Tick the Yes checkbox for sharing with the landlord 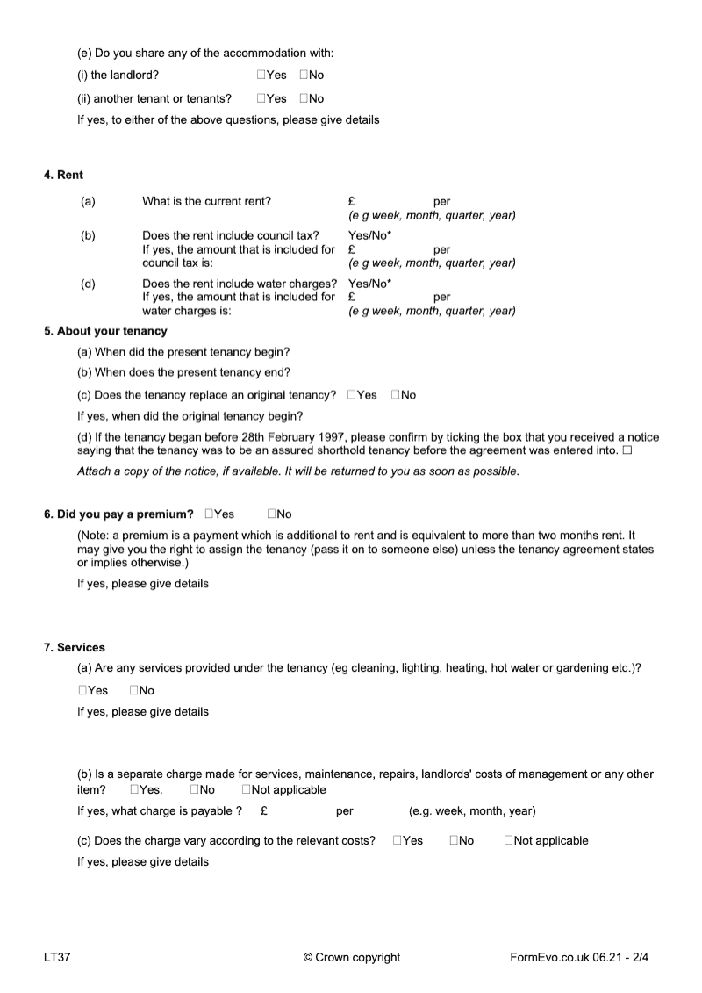[x=261, y=76]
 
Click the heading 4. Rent [x=63, y=176]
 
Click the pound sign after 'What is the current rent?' [x=351, y=201]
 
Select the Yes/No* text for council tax [x=369, y=235]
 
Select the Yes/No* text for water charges [x=369, y=283]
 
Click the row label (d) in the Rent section [x=88, y=283]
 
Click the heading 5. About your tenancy [x=105, y=331]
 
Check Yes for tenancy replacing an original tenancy [x=351, y=395]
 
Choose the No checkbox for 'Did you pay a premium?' [x=272, y=514]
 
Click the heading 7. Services [x=75, y=648]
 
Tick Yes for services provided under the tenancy [x=82, y=690]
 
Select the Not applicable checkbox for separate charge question [x=247, y=789]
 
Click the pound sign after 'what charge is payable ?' [x=264, y=810]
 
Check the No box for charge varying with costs [x=455, y=840]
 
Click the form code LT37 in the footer [x=57, y=957]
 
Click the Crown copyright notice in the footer [x=351, y=957]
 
